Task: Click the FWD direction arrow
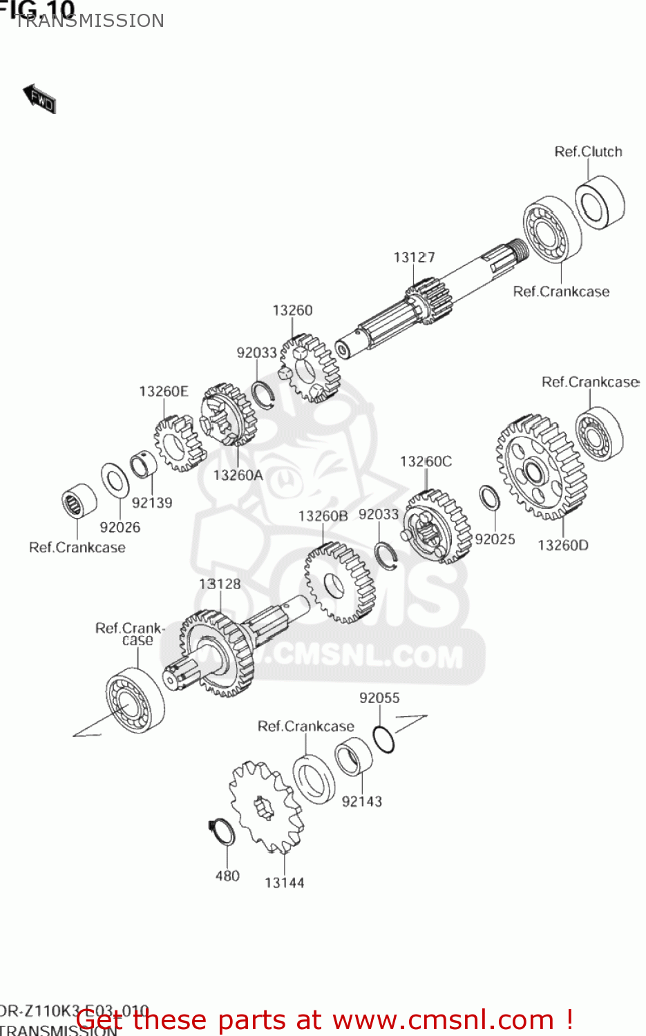[x=39, y=99]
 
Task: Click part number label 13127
[x=414, y=258]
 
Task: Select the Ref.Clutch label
[x=588, y=152]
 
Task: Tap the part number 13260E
[x=163, y=392]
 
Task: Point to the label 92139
[x=152, y=503]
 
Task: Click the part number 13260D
[x=563, y=546]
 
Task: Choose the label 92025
[x=495, y=539]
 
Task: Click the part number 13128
[x=220, y=584]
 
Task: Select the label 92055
[x=379, y=698]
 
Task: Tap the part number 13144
[x=284, y=883]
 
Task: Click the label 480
[x=227, y=876]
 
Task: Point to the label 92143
[x=361, y=801]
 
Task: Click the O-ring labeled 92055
[x=383, y=739]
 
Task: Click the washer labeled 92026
[x=115, y=480]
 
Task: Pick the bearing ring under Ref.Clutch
[x=599, y=202]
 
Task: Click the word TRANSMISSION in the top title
[x=90, y=21]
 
